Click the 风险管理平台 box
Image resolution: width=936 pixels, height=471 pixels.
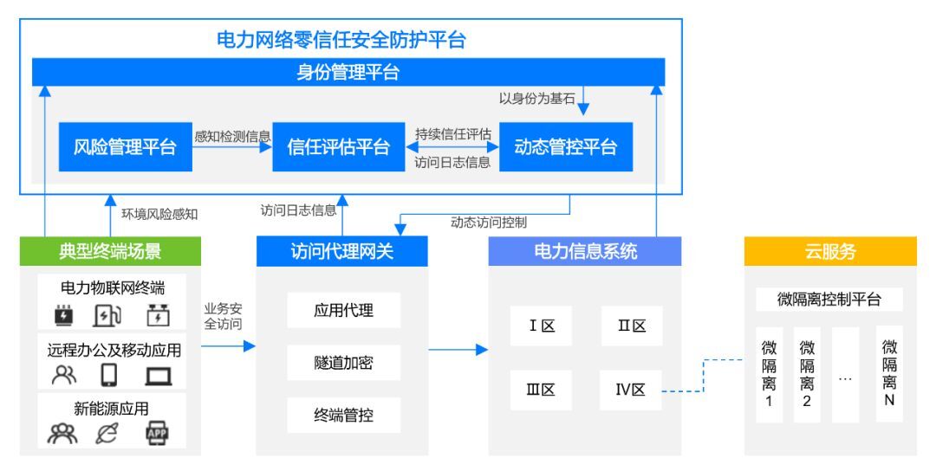click(126, 146)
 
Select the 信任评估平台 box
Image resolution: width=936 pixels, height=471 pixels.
click(339, 146)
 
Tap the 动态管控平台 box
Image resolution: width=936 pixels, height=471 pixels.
click(566, 146)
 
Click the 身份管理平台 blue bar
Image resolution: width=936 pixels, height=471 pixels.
click(348, 72)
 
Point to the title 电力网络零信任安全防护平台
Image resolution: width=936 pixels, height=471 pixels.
click(341, 40)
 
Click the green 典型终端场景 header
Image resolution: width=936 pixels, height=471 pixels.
click(110, 251)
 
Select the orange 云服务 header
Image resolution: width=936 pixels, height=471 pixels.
click(830, 251)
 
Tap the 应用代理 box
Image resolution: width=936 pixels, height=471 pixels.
click(344, 310)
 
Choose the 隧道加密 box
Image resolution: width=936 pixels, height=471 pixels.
click(344, 363)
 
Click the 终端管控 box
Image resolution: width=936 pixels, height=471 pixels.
click(344, 415)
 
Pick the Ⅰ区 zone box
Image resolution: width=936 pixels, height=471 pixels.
click(542, 326)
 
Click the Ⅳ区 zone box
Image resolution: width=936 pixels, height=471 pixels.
click(631, 390)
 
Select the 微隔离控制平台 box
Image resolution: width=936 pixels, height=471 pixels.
click(829, 300)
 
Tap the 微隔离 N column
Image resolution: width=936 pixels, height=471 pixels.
click(889, 374)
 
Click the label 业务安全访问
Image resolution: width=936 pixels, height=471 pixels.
click(224, 317)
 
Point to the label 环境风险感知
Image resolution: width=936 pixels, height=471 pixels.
click(159, 214)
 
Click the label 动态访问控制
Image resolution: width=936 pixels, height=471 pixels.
click(489, 223)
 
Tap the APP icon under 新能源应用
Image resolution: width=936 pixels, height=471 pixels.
click(157, 434)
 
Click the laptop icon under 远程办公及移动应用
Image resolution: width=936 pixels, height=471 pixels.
click(159, 376)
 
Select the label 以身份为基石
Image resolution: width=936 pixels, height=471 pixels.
click(536, 99)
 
